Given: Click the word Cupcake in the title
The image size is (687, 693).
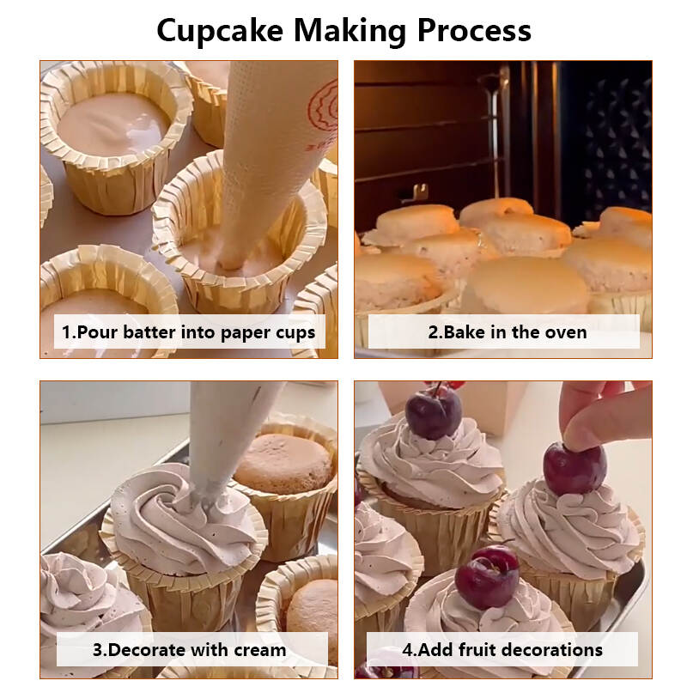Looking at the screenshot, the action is click(220, 32).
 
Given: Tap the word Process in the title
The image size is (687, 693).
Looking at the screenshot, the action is click(474, 31).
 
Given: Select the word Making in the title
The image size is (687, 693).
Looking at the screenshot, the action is click(350, 32).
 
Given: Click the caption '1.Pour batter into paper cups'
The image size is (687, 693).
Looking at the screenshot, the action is click(188, 332).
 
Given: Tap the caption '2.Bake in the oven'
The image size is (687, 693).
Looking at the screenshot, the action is click(508, 332).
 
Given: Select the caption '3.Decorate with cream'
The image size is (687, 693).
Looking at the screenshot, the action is click(189, 650).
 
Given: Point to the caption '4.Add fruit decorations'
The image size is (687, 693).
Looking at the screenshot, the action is click(502, 650).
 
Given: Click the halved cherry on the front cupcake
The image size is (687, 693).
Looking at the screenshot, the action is click(487, 577).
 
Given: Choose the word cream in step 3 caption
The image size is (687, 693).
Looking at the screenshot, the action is click(260, 651).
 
